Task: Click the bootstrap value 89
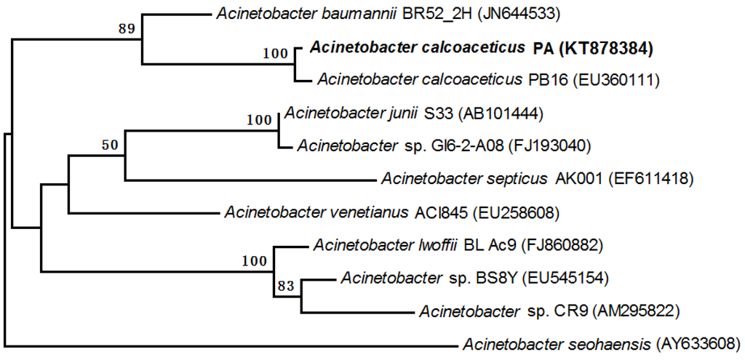click(x=127, y=29)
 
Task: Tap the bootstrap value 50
click(x=110, y=145)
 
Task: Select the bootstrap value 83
click(x=284, y=287)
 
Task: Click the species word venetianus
click(x=371, y=212)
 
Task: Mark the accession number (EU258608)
click(x=516, y=212)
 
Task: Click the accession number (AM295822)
click(x=637, y=312)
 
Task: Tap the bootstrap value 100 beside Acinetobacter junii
click(x=259, y=120)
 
